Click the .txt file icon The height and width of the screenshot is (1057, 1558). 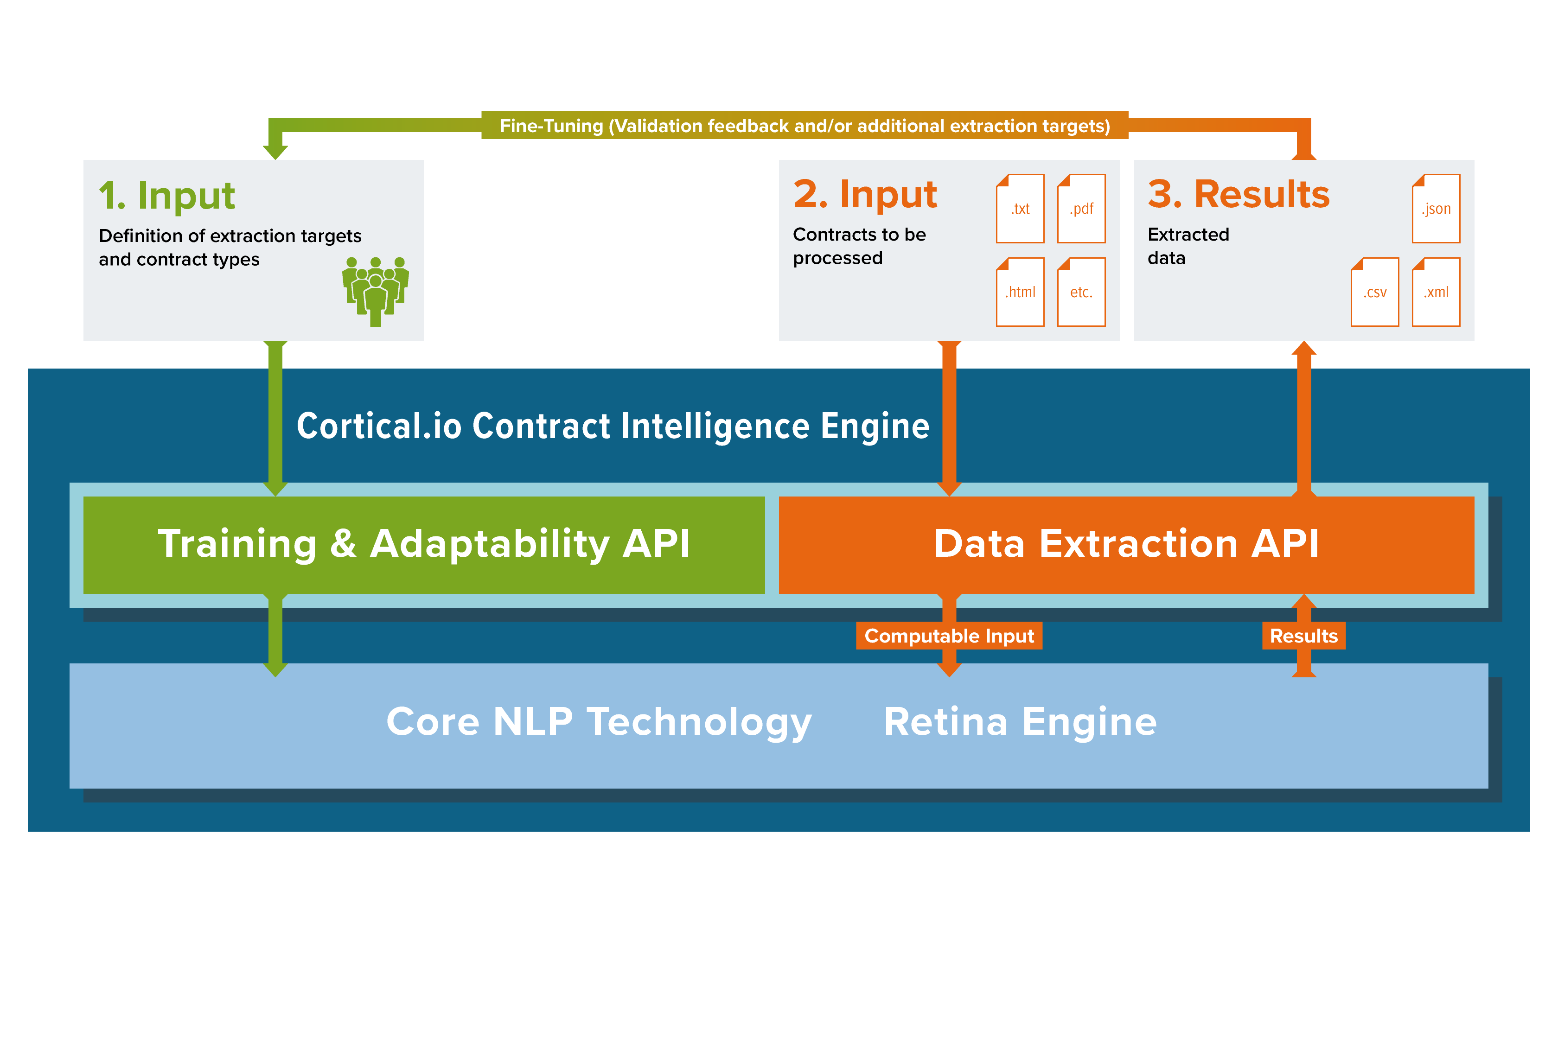click(x=1020, y=209)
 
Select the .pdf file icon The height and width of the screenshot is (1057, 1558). click(x=1081, y=209)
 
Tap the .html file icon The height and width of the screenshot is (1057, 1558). click(x=1020, y=292)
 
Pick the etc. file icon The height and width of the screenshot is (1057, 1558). click(x=1081, y=292)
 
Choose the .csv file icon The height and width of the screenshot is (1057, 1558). click(x=1374, y=292)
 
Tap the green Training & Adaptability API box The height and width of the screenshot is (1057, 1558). click(x=424, y=544)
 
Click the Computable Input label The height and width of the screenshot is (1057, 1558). click(x=949, y=636)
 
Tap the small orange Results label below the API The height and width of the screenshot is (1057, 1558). click(x=1303, y=636)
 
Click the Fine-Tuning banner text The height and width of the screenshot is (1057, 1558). click(x=805, y=126)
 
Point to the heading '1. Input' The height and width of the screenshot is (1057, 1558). click(x=167, y=196)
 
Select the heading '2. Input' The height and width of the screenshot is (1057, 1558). click(x=865, y=194)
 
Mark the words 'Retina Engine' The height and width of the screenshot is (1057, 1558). click(x=1020, y=722)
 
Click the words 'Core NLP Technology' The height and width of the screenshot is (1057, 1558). click(x=599, y=722)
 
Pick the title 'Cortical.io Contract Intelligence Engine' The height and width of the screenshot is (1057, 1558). click(x=613, y=427)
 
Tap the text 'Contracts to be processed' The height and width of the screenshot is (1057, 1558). click(x=859, y=246)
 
